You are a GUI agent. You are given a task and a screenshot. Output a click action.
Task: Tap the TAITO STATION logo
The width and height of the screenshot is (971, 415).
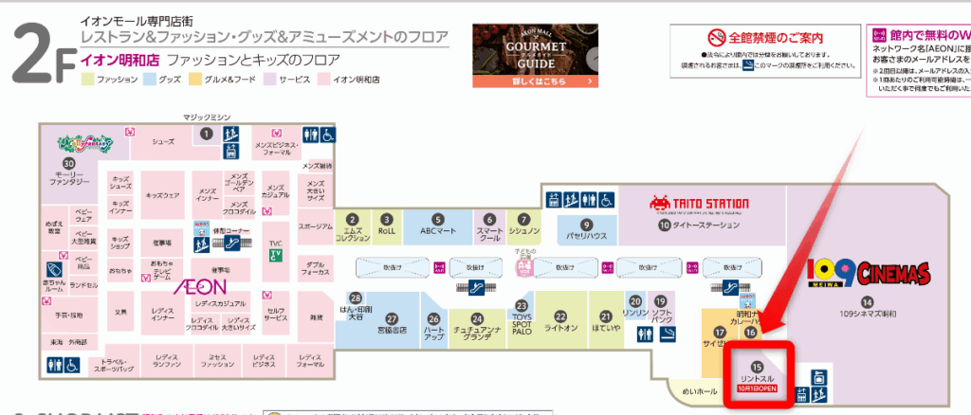pyautogui.click(x=699, y=203)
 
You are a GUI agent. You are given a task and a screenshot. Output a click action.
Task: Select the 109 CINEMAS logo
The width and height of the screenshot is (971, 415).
pyautogui.click(x=866, y=271)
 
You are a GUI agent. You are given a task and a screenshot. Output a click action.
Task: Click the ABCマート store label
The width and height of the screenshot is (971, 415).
pyautogui.click(x=438, y=230)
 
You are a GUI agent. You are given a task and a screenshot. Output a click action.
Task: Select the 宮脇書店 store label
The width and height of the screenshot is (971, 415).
pyautogui.click(x=390, y=331)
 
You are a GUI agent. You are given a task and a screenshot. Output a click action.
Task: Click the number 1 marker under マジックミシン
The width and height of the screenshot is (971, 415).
pyautogui.click(x=206, y=135)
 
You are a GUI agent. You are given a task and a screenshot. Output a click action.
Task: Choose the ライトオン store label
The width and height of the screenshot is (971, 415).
pyautogui.click(x=560, y=328)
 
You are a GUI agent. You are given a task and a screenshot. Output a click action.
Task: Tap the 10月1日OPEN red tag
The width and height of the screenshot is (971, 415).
pyautogui.click(x=758, y=388)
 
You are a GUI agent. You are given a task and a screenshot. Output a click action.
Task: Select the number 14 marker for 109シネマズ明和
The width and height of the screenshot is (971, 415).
pyautogui.click(x=867, y=302)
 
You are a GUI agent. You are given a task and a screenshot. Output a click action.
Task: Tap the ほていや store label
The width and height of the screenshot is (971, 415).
pyautogui.click(x=606, y=328)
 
